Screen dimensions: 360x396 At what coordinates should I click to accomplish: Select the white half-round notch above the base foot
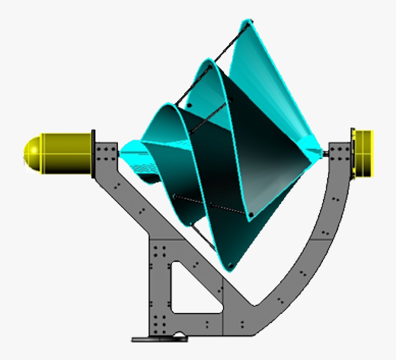tap(180, 336)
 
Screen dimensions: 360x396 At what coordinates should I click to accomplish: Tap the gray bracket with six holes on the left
tap(106, 154)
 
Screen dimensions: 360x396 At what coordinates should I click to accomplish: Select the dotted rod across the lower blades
tap(211, 204)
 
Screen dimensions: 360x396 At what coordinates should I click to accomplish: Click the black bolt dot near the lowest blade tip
tap(230, 265)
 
